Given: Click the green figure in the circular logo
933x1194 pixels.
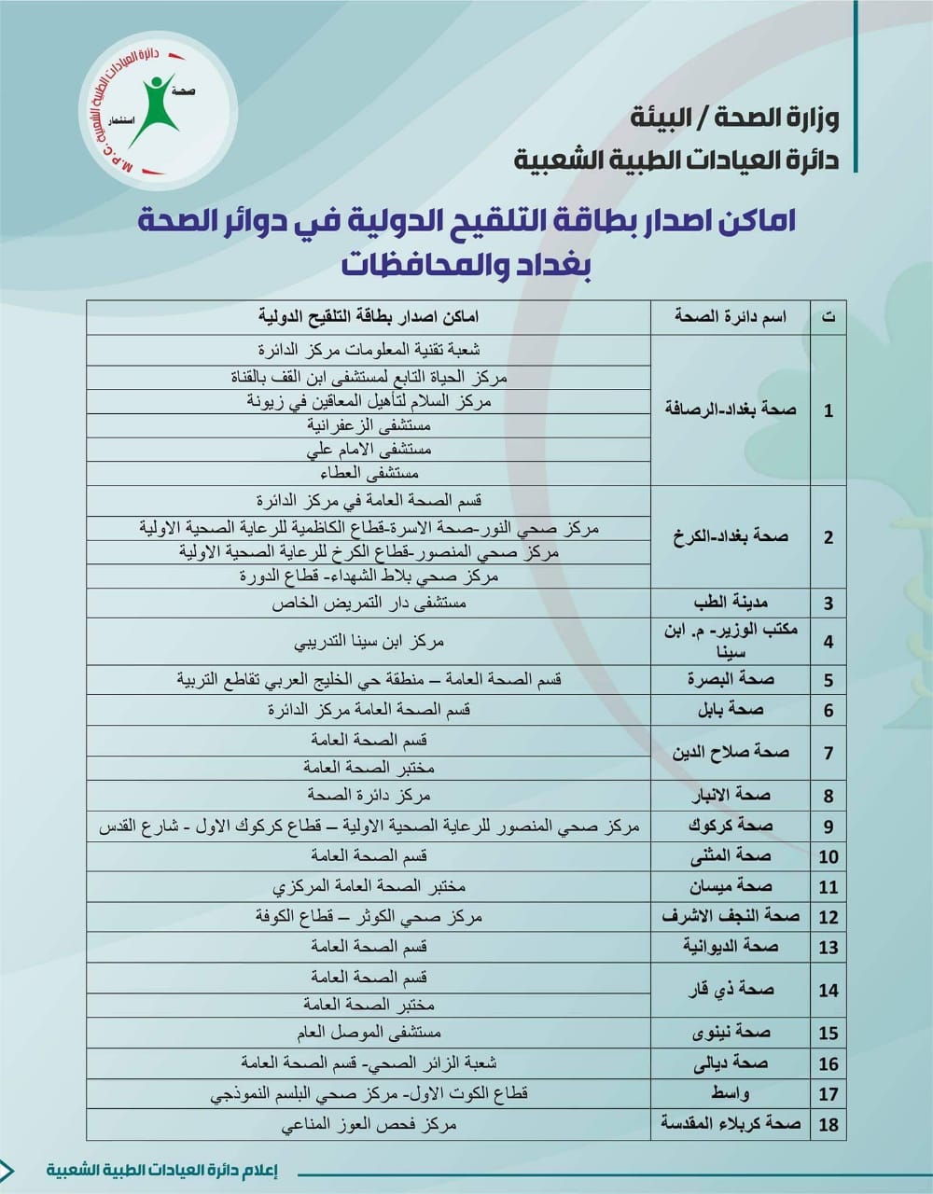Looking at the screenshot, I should point(155,108).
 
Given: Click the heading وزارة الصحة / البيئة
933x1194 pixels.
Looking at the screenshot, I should point(734,119).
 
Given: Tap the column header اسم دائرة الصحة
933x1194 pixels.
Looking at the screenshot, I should point(731,317).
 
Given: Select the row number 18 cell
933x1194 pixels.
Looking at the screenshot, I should point(829,1124).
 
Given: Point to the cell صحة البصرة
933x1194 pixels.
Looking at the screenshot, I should point(731,679).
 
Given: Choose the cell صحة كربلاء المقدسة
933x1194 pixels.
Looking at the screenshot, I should point(731,1123).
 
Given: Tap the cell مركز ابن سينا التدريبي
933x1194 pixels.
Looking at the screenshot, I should point(369,642).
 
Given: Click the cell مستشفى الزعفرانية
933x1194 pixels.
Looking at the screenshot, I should point(369,425).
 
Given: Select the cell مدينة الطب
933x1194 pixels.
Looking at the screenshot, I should point(731,603).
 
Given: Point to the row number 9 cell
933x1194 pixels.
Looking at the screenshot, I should point(829,826).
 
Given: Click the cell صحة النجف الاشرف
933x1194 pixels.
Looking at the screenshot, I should point(731,916).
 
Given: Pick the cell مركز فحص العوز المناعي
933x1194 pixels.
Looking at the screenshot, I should point(369,1124).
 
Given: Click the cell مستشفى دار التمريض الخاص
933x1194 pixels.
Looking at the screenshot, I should point(369,603).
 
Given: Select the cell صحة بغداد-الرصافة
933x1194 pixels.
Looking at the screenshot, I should point(731,410).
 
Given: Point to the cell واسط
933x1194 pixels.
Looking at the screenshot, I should point(731,1093).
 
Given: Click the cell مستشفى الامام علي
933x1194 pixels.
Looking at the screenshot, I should point(369,450).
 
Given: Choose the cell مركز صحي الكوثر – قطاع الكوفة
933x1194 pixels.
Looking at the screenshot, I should point(369,916).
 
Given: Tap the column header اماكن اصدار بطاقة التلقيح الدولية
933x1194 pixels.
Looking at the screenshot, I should point(369,317).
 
